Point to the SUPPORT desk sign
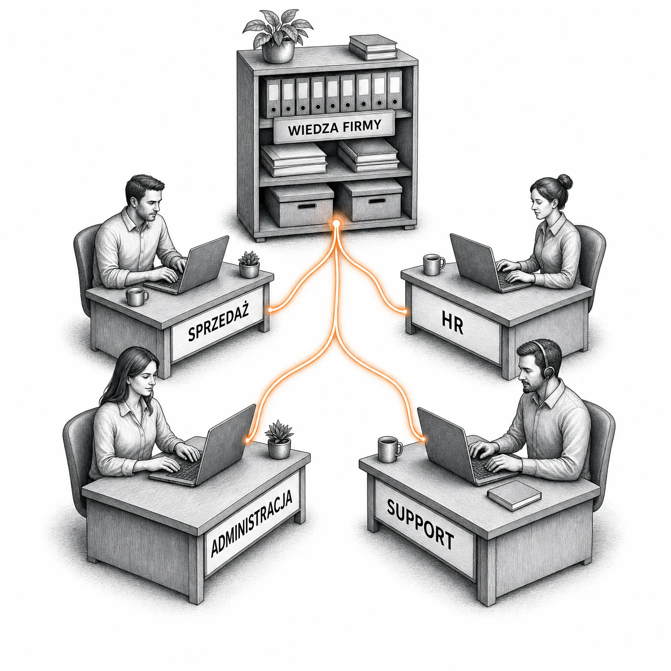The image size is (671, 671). coord(421,525)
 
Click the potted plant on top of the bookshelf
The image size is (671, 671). coord(278,35)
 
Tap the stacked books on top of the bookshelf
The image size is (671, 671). coord(373,47)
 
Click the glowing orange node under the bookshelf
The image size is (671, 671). coord(336,224)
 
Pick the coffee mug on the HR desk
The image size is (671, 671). coord(434,265)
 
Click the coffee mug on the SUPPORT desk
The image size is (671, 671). coord(389,449)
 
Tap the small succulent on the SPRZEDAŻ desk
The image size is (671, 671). coord(249,264)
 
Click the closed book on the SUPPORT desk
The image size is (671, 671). coord(514,495)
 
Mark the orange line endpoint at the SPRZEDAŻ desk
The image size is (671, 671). coord(270,310)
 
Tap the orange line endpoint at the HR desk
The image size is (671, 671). coord(405,311)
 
